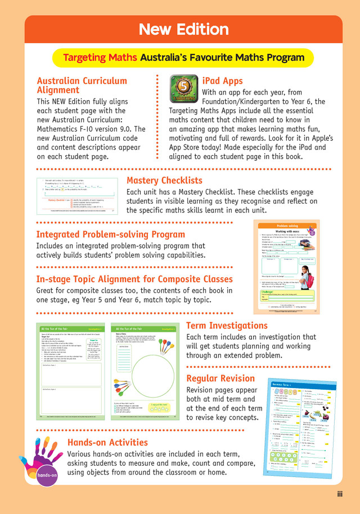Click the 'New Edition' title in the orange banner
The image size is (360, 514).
point(183,29)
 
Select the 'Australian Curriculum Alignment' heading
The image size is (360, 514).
point(82,85)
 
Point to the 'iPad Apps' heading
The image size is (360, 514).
point(222,81)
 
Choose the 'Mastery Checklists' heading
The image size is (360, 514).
point(164,181)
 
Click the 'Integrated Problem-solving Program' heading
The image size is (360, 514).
point(110,235)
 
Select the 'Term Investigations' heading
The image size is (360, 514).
point(227,326)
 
